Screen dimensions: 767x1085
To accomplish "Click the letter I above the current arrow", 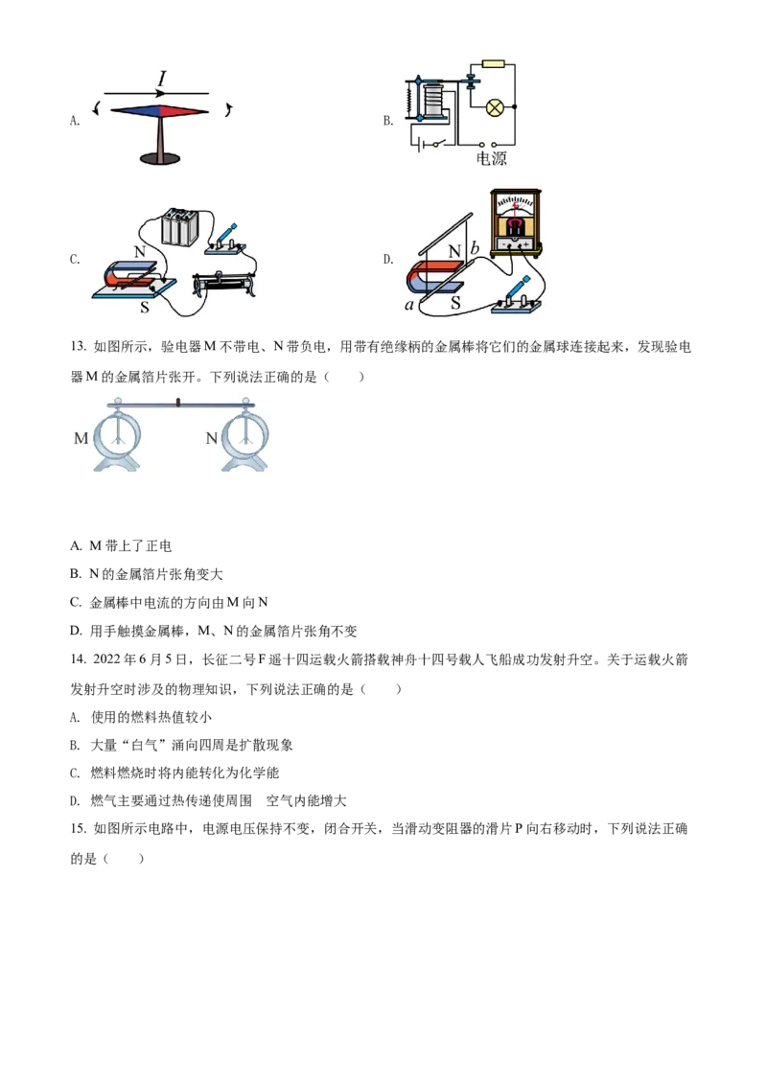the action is tap(162, 79).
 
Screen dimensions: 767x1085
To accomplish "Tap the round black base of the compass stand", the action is tap(160, 159).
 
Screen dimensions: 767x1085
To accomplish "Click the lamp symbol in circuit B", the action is tap(494, 106).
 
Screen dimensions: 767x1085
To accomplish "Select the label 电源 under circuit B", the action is tap(492, 158).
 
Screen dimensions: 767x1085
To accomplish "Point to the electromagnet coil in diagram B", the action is tap(433, 100).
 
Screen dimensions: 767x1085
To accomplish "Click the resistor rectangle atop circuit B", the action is tap(493, 64).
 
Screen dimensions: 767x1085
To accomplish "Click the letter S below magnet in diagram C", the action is tap(145, 307).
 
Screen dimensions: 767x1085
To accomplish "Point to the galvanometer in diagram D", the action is tap(515, 222).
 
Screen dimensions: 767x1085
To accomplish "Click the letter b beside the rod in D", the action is tap(475, 247).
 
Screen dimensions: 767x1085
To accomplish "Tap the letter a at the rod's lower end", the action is tap(409, 305).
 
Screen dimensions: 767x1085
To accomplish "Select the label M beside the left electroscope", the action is tap(81, 438).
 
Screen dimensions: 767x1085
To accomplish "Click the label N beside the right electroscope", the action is tap(212, 438).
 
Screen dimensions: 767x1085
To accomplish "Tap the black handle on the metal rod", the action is tap(178, 402).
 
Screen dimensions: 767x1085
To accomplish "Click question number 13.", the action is tap(78, 347).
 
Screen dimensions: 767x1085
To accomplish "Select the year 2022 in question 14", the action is tap(106, 659).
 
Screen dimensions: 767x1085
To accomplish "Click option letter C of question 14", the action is tap(76, 773).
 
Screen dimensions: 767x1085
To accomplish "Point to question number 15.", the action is tap(78, 828).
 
